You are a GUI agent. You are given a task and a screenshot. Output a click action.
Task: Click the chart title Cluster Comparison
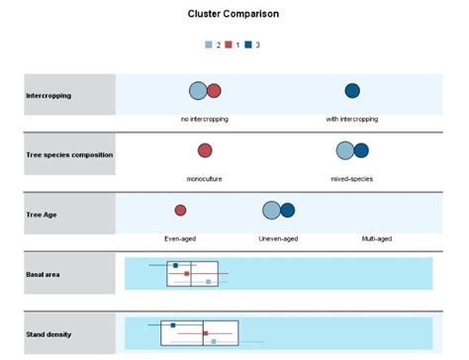[233, 15]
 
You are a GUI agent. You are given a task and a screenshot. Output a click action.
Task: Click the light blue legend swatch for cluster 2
[209, 45]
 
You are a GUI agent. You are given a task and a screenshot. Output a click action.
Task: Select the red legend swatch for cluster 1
[229, 45]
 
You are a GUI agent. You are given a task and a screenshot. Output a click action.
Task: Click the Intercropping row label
[47, 95]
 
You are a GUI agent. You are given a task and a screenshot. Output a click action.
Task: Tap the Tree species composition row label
[69, 154]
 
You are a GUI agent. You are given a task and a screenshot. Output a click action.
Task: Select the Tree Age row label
[41, 214]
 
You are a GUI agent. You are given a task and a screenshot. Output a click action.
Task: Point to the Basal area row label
[44, 274]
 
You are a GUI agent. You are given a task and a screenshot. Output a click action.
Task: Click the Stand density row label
[48, 334]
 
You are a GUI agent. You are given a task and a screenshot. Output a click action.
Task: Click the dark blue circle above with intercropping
[352, 91]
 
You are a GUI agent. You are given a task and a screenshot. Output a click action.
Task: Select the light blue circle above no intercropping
[198, 91]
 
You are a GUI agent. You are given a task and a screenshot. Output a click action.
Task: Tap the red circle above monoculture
[205, 150]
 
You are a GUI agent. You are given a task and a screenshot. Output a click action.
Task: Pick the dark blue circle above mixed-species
[361, 150]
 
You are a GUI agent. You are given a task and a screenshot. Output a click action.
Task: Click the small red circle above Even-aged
[180, 210]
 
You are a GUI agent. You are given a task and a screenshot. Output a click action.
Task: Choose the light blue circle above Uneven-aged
[271, 210]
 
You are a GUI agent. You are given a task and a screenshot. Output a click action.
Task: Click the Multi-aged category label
[378, 238]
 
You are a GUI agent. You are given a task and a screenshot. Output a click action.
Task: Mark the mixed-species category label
[351, 179]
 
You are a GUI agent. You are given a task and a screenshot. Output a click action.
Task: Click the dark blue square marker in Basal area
[175, 265]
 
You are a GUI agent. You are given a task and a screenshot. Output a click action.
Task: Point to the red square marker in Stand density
[206, 334]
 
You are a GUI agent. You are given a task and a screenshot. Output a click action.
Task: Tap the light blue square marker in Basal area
[208, 282]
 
